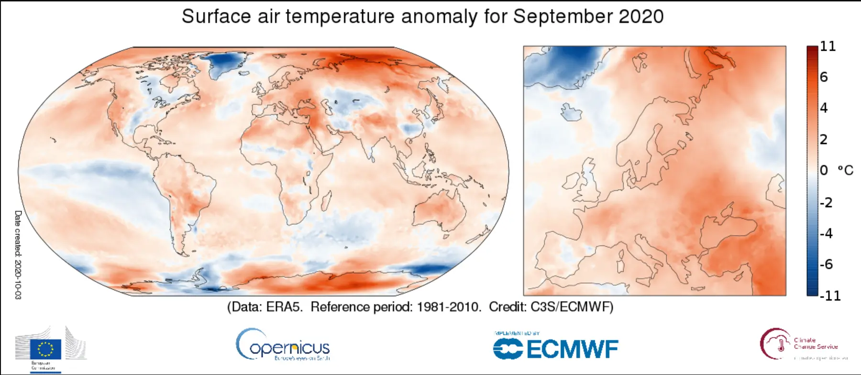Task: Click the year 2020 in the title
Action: [641, 17]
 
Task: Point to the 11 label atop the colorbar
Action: [828, 46]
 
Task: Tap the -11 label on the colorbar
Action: [830, 296]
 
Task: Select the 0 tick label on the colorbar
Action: [824, 170]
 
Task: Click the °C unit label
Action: [845, 170]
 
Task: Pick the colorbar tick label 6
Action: [824, 77]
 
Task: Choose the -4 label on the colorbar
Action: [826, 233]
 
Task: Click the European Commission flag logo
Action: [46, 348]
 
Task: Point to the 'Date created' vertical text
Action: [18, 254]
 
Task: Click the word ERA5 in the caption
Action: [284, 307]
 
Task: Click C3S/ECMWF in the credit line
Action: [572, 307]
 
